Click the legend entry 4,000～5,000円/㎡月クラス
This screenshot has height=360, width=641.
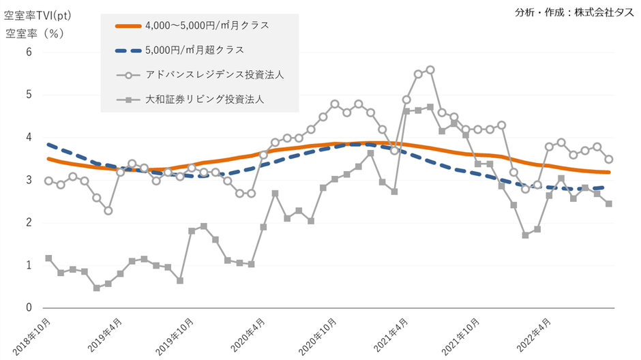pyautogui.click(x=207, y=26)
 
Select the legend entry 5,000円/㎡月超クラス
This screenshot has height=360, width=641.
pyautogui.click(x=194, y=50)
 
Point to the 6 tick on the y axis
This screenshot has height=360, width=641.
pyautogui.click(x=29, y=52)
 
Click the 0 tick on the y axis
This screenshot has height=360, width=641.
pyautogui.click(x=29, y=308)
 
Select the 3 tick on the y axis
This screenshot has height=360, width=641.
pyautogui.click(x=29, y=180)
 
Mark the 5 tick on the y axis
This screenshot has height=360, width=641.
pyautogui.click(x=29, y=95)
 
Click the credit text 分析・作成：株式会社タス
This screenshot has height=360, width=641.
pyautogui.click(x=576, y=12)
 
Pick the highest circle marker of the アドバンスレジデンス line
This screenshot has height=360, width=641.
pyautogui.click(x=430, y=70)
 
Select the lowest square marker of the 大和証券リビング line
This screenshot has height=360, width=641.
pyautogui.click(x=97, y=288)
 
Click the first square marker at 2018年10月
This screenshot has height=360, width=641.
pyautogui.click(x=48, y=258)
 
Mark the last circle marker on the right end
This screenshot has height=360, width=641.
pyautogui.click(x=609, y=159)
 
